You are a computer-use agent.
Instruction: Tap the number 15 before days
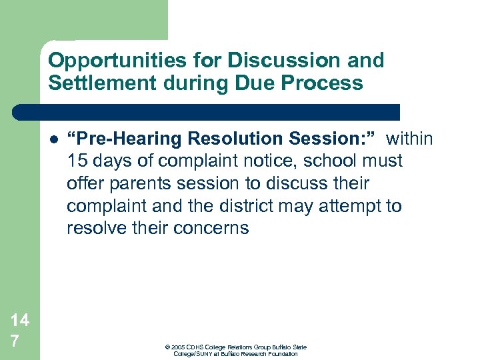pyautogui.click(x=77, y=161)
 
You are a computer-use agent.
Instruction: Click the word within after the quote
pyautogui.click(x=409, y=139)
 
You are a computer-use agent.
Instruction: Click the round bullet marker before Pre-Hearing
pyautogui.click(x=53, y=140)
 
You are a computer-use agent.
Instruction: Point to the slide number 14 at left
pyautogui.click(x=19, y=320)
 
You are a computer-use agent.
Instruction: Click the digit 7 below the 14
pyautogui.click(x=15, y=341)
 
